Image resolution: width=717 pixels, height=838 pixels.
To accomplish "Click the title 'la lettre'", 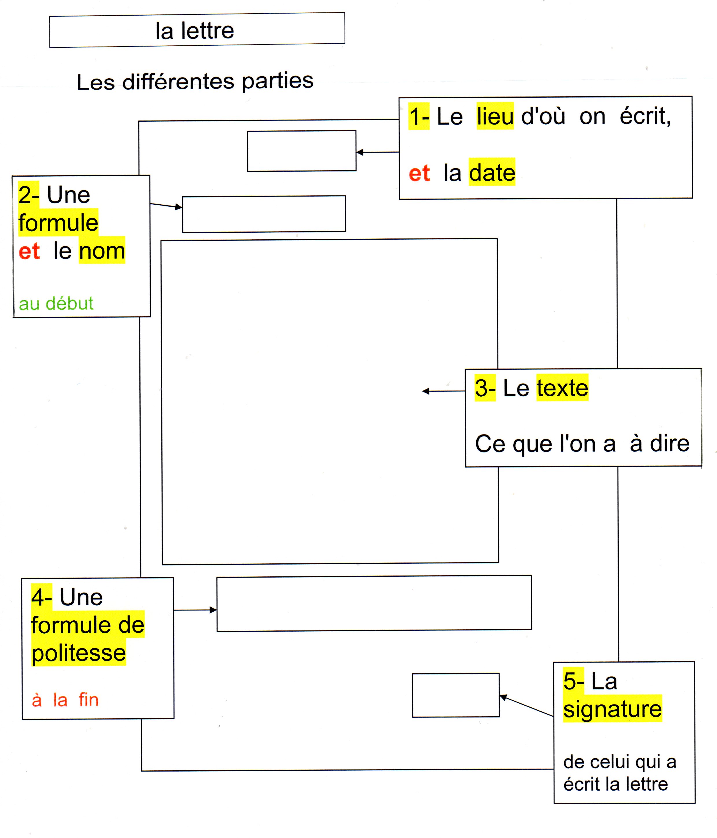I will (x=195, y=31).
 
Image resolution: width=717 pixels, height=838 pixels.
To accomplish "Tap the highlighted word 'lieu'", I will (x=495, y=116).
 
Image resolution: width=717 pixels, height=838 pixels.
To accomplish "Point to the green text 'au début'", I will (x=56, y=303).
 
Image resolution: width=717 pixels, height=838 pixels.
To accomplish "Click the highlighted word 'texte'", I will (x=562, y=388).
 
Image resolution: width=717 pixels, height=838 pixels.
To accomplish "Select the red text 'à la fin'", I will (x=65, y=700).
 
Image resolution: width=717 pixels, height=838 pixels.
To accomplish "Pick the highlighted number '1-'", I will (x=419, y=116).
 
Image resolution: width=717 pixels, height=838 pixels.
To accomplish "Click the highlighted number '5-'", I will (x=573, y=681).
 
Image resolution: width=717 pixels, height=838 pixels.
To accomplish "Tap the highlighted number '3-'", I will (x=485, y=388).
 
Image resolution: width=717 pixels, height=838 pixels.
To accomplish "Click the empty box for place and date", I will (x=301, y=151).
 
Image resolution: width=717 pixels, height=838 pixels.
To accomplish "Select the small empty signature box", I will (x=456, y=695).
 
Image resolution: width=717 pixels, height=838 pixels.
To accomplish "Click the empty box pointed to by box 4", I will (x=374, y=603).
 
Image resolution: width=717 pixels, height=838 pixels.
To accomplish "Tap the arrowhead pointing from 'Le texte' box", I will (x=426, y=391).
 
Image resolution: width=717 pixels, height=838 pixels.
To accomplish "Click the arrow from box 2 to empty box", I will (x=166, y=206).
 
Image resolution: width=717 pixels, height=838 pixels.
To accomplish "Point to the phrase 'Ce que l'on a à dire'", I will (x=582, y=444).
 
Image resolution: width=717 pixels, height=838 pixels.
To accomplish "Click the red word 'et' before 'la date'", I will (x=419, y=173).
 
